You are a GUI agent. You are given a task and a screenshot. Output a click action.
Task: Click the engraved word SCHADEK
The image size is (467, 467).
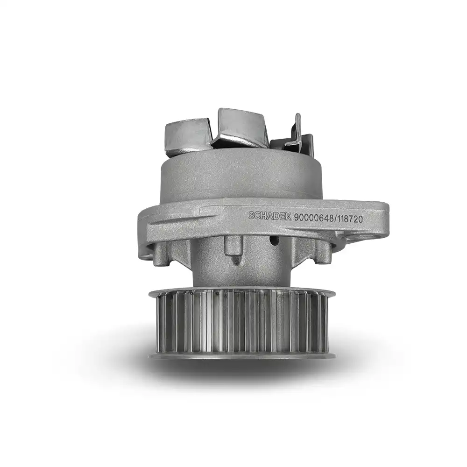(x=270, y=215)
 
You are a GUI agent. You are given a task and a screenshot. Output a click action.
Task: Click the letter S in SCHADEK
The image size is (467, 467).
(x=251, y=215)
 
